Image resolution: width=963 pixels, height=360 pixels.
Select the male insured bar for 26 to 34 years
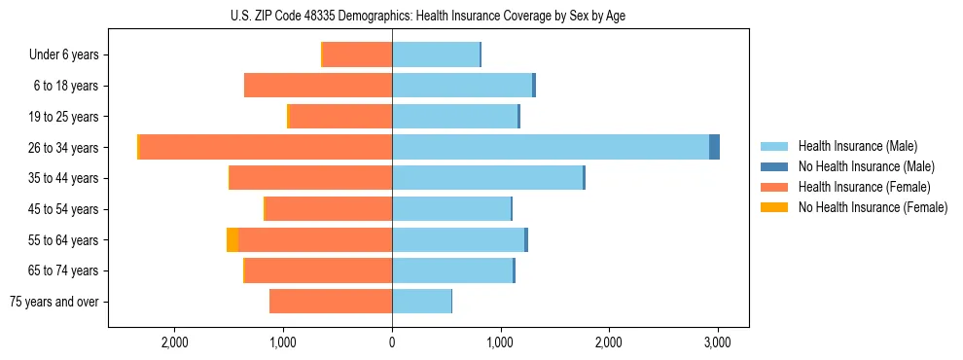[550, 147]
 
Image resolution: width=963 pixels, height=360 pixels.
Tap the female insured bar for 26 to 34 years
[266, 147]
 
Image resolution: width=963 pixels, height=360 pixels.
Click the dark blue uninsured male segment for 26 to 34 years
[714, 147]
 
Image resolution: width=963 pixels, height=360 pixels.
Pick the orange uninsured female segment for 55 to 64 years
[232, 239]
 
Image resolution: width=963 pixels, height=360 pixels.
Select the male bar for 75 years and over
[421, 302]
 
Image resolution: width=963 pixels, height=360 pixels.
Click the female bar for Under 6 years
[357, 54]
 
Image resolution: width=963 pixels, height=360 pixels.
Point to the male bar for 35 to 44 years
[486, 178]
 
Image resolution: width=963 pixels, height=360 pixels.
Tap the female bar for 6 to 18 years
[318, 86]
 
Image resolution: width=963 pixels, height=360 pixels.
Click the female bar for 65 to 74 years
[318, 270]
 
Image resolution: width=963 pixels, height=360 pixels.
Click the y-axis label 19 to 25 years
[64, 117]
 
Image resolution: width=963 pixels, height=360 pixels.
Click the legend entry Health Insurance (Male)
[857, 146]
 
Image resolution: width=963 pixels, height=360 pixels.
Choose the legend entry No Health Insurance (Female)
[873, 207]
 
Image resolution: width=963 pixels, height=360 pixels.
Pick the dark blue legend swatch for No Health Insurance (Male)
[774, 166]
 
